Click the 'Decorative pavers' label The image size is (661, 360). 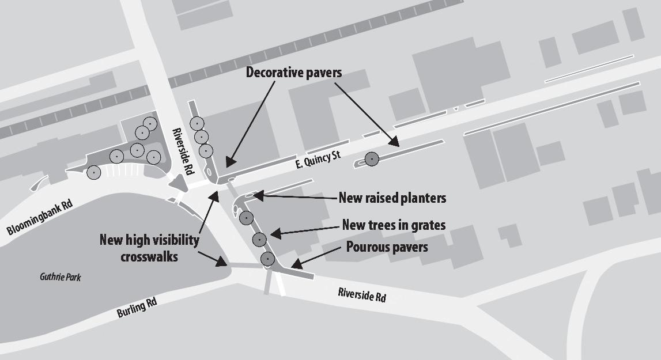[294, 73]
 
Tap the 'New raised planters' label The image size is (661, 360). [392, 198]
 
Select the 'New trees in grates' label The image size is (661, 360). [394, 225]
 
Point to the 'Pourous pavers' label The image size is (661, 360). [387, 248]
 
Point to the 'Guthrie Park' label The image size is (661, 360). [61, 278]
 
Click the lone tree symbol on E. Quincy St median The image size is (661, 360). [372, 158]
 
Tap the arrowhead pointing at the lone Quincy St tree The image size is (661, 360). [395, 142]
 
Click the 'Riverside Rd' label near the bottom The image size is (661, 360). [361, 297]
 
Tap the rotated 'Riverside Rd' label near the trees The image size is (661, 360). [184, 151]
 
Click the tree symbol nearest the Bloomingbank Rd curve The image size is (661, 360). [93, 172]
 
